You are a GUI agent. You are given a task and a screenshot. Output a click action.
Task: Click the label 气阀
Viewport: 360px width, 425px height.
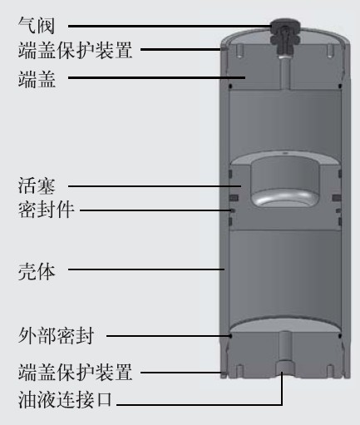point(37,26)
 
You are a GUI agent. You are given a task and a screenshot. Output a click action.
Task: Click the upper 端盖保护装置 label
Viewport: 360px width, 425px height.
point(75,50)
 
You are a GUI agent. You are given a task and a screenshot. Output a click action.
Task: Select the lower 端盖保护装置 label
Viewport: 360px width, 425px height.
point(75,373)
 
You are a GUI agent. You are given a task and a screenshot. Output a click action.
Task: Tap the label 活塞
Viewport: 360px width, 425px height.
point(37,185)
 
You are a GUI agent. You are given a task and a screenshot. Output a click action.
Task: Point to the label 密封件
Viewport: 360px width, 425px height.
point(46,210)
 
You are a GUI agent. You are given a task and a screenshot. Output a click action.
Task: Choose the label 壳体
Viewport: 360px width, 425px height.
point(37,271)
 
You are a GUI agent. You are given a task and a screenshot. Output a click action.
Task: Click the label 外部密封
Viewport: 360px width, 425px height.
point(56,336)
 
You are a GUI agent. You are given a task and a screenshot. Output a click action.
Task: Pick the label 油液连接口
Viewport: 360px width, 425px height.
point(65,400)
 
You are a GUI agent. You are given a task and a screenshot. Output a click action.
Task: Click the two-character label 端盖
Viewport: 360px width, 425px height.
point(37,79)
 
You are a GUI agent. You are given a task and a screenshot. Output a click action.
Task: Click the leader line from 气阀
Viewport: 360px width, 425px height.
point(170,27)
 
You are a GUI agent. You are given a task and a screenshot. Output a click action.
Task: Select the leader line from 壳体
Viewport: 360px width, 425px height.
point(146,269)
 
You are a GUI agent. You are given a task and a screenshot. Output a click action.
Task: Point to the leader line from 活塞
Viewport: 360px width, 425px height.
point(155,186)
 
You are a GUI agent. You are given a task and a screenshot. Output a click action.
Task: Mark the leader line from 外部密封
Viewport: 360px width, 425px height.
point(169,336)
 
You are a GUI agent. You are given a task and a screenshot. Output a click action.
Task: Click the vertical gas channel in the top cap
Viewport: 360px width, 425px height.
point(285,72)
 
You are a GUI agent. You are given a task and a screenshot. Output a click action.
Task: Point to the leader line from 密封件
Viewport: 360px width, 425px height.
point(155,210)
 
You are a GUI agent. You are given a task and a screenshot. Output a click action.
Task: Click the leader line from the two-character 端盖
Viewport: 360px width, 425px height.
point(156,78)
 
